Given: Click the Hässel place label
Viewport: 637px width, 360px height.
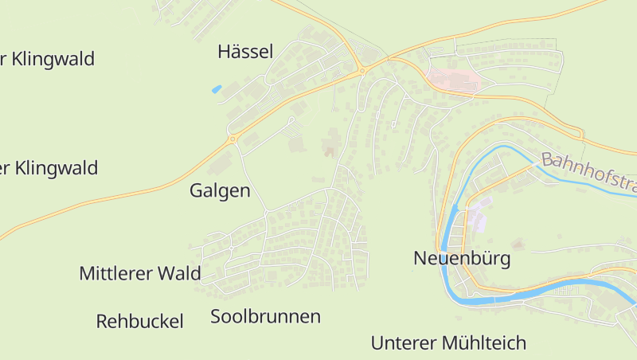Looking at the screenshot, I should coord(245,53).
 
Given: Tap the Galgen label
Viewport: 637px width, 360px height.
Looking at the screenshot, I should coord(220,191).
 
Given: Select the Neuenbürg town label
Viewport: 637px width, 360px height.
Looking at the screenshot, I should coord(462,259).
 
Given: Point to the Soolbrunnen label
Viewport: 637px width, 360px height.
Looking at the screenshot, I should coord(265,317).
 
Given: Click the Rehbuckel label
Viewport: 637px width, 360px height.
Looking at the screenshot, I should coord(139,322).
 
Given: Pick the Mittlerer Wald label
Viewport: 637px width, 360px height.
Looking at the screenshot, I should coord(139,274).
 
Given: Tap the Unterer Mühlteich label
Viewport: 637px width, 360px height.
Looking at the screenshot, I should coord(448,343).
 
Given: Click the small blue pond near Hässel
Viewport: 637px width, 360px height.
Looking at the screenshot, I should coord(217,89).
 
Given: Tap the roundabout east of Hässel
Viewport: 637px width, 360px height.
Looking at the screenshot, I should coord(362,71).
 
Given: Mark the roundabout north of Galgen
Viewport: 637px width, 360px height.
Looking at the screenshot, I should coord(233,139).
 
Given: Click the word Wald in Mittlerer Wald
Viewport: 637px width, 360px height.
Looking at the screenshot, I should coord(179,274).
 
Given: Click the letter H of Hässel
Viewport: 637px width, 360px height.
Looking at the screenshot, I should coord(224,53).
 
